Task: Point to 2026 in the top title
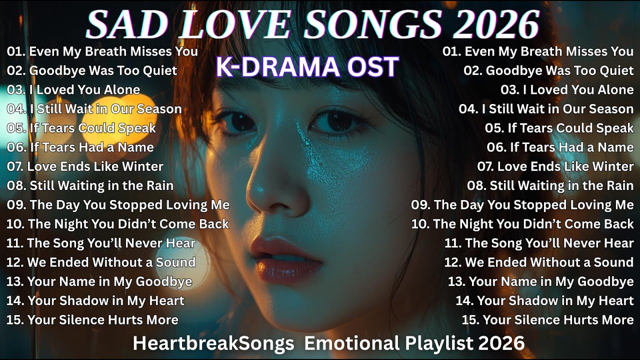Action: pos(496,24)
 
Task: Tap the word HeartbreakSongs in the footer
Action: pos(213,343)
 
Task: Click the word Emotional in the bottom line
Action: pos(351,343)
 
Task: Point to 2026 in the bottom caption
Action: pos(501,343)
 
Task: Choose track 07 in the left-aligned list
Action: pos(85,166)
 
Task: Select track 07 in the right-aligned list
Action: pos(555,166)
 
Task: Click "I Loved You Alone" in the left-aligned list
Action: pos(73,90)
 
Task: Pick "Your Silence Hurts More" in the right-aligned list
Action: pos(547,320)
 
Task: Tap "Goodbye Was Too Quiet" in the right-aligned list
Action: pos(548,70)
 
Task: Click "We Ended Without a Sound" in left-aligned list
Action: pos(100,262)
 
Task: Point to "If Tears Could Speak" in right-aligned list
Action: pos(559,128)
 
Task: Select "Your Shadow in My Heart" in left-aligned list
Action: pos(95,301)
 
